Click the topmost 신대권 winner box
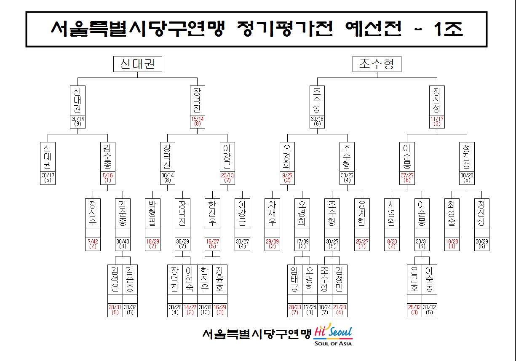click(137, 64)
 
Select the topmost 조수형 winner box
click(377, 64)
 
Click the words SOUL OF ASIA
click(333, 343)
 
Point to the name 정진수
click(93, 212)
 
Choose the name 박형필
click(152, 212)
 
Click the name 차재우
click(272, 212)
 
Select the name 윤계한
click(362, 212)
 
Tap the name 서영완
click(392, 212)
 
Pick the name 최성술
click(452, 212)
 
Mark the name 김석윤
click(115, 279)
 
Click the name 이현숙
click(190, 279)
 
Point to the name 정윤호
click(219, 279)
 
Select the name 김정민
click(340, 279)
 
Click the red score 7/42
click(93, 241)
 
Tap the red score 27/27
click(407, 175)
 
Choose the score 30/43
click(123, 241)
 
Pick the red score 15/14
click(197, 119)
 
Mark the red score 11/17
click(437, 119)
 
